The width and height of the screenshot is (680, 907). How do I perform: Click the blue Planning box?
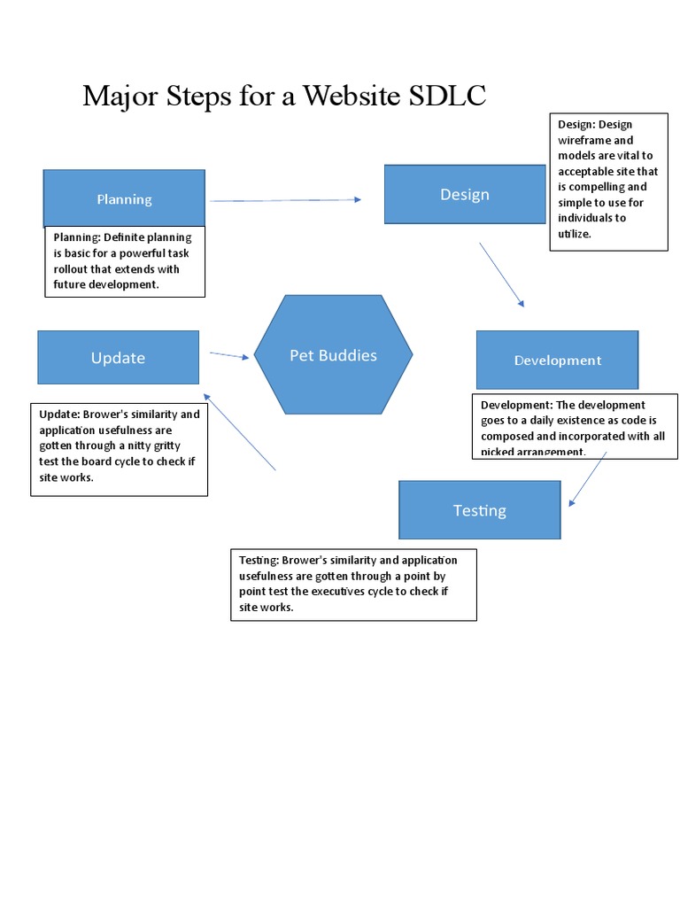tap(124, 198)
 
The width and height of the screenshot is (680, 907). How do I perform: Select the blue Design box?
tap(464, 194)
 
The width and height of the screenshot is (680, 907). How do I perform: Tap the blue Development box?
tap(557, 360)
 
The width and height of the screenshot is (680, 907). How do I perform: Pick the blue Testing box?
tap(479, 510)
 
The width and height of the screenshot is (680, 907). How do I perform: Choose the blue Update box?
tap(118, 358)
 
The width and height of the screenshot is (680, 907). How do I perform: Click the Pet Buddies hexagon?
tap(333, 355)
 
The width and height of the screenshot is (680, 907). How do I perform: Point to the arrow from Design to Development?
tap(502, 275)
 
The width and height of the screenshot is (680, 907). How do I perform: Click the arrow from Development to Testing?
tap(587, 479)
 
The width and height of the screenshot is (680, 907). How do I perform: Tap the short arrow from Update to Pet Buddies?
tap(230, 356)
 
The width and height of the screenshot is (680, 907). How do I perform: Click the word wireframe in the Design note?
tap(583, 140)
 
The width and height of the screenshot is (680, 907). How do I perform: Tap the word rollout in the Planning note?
tap(73, 269)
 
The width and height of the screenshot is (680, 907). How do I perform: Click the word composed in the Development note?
tap(510, 437)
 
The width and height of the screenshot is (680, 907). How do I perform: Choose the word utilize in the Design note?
tap(573, 234)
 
